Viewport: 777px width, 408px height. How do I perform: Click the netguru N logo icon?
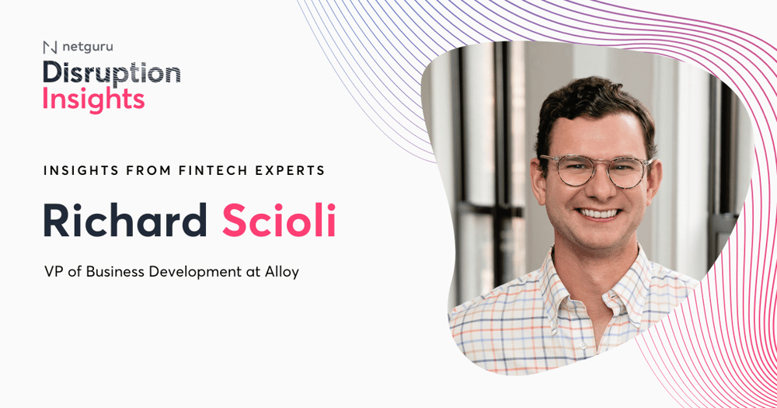(50, 47)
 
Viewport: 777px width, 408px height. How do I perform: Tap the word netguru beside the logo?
(88, 47)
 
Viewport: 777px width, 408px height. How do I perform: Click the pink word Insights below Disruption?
(94, 99)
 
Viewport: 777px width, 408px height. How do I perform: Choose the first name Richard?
(125, 220)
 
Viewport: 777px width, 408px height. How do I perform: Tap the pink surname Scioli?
(279, 220)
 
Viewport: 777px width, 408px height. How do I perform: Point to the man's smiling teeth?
(599, 214)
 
